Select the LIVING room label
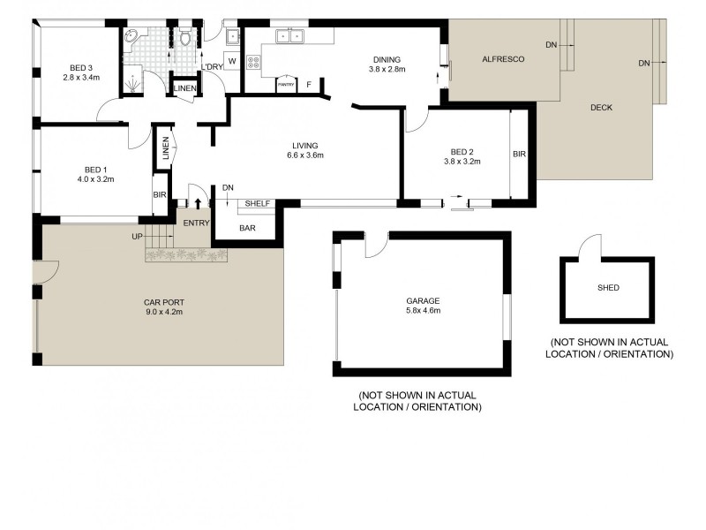306,146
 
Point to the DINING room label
385,61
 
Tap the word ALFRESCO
504,59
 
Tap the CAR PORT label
164,301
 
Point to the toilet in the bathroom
185,37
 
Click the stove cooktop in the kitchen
253,62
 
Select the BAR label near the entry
248,227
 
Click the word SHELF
257,203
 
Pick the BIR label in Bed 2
519,154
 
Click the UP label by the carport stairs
137,237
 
